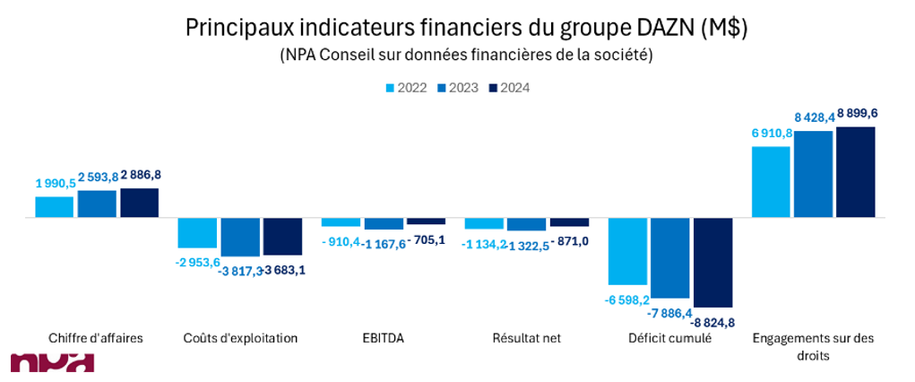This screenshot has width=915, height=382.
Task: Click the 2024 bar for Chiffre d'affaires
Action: click(139, 203)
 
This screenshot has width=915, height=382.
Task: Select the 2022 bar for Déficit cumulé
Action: click(627, 251)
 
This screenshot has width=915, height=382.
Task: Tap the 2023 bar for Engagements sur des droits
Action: click(813, 174)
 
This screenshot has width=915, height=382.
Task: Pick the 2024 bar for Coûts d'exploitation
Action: click(282, 236)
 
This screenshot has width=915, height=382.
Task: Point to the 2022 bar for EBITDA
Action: click(341, 222)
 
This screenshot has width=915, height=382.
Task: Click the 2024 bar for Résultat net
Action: click(569, 222)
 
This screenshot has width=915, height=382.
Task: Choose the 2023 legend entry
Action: click(456, 88)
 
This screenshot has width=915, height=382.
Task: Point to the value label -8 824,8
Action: click(713, 322)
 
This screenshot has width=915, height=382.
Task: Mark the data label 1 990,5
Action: click(55, 183)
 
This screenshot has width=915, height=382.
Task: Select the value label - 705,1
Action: click(426, 239)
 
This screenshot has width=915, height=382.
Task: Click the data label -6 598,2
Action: click(627, 300)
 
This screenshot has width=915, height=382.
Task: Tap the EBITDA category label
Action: click(383, 338)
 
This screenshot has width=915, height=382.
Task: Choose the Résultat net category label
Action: click(526, 338)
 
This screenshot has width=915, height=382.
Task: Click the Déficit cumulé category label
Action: click(669, 338)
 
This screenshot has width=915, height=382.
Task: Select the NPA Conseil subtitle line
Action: click(466, 55)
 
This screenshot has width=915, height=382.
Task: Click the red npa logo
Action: click(52, 364)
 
